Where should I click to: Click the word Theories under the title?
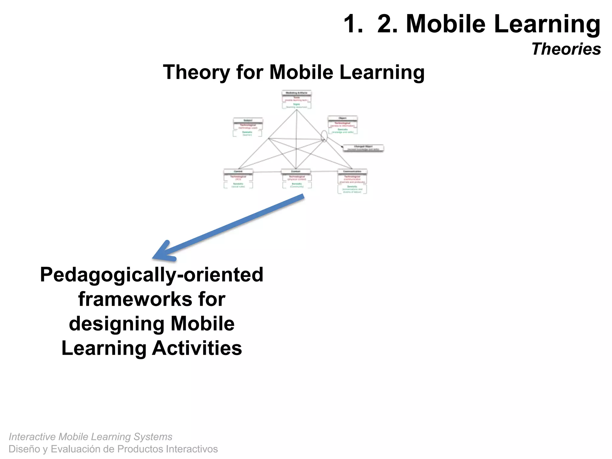click(566, 49)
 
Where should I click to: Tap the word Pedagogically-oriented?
click(152, 275)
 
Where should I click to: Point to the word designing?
click(117, 324)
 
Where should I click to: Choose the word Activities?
click(197, 348)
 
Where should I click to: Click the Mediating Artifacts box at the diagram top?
click(296, 93)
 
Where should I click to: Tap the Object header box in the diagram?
click(342, 118)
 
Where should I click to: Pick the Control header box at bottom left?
click(238, 172)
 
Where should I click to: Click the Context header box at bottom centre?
click(296, 172)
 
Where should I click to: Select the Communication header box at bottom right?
click(352, 172)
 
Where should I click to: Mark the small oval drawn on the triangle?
click(324, 136)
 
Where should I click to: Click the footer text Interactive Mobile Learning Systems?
click(90, 437)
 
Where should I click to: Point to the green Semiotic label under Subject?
click(247, 132)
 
